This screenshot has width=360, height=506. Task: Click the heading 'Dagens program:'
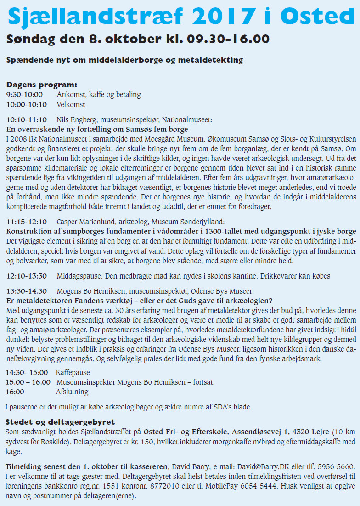coord(41,85)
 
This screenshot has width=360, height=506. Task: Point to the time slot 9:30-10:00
coord(24,95)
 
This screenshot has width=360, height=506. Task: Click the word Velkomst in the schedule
coord(71,104)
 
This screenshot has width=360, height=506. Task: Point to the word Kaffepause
coord(73,372)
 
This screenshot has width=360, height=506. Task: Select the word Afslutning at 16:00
coord(72,392)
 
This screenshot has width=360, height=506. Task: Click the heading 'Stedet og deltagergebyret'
coord(60,422)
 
